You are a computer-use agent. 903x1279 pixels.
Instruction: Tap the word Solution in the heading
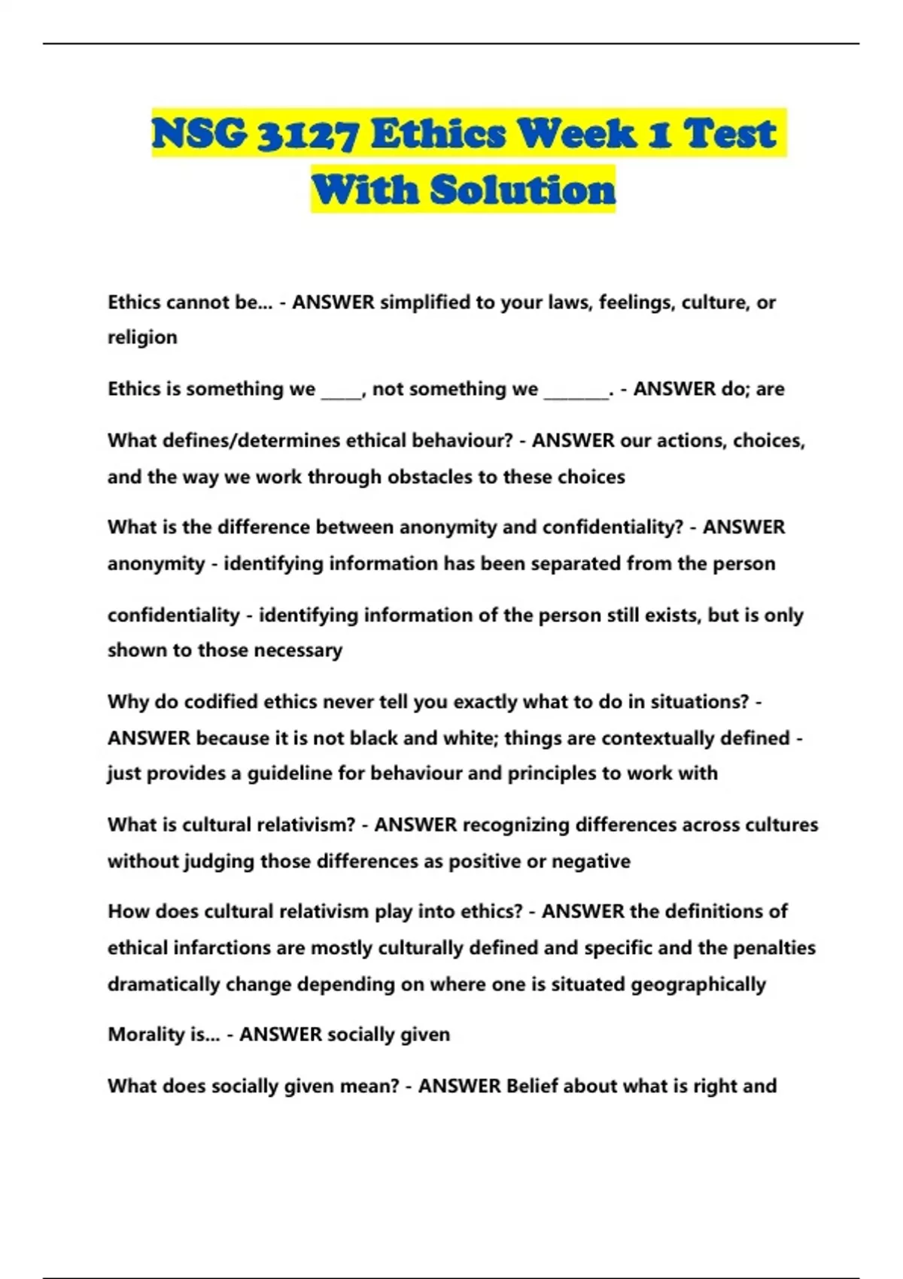pos(523,190)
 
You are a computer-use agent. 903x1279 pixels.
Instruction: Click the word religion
pos(142,337)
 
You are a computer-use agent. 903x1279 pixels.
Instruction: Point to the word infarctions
pos(221,948)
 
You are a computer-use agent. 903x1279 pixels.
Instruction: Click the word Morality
pos(147,1034)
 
